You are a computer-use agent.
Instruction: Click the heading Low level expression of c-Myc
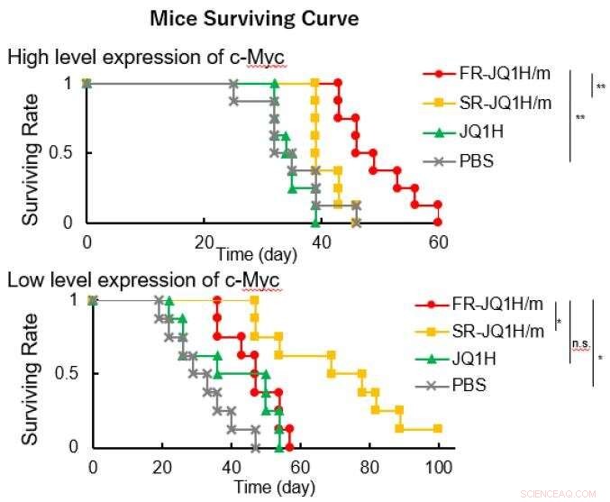click(x=143, y=278)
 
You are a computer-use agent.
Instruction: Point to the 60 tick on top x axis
click(x=437, y=242)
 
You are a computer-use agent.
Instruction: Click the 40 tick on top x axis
click(x=320, y=242)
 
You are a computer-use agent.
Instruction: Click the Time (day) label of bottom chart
click(x=274, y=488)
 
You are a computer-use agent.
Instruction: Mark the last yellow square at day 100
click(x=437, y=429)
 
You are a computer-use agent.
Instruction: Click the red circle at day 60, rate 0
click(x=438, y=222)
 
